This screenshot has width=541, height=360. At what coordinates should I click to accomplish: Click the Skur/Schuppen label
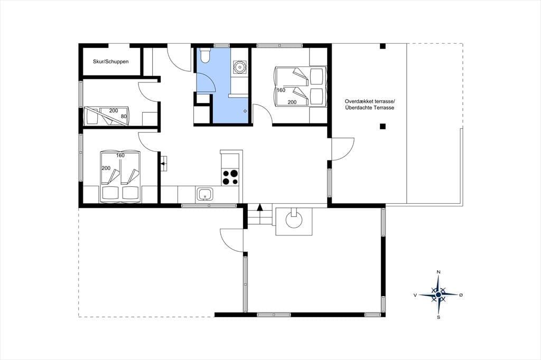click(x=111, y=62)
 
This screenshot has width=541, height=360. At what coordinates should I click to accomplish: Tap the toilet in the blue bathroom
click(x=204, y=55)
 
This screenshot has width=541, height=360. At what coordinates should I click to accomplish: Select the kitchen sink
click(x=206, y=194)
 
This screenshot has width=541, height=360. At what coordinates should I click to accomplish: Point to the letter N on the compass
click(x=439, y=272)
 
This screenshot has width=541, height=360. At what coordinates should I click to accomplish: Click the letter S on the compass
click(x=439, y=317)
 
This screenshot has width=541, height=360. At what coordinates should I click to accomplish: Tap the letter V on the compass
click(x=415, y=295)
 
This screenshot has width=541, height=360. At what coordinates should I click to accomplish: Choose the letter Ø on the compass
click(x=461, y=295)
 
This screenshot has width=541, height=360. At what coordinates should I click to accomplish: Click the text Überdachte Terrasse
click(x=369, y=108)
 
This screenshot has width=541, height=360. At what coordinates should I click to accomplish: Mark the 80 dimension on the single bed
click(x=124, y=117)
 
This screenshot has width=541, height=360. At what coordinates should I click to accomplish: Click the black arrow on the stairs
click(x=260, y=207)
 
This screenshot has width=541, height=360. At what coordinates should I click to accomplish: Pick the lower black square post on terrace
click(x=383, y=126)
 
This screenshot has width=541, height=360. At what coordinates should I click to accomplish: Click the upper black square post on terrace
click(x=383, y=46)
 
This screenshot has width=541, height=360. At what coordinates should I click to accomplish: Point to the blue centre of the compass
click(x=438, y=295)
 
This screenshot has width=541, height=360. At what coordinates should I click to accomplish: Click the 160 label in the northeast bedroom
click(x=281, y=90)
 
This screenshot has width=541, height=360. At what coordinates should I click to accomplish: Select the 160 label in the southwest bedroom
click(x=120, y=156)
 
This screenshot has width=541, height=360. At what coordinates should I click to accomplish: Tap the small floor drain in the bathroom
click(x=245, y=111)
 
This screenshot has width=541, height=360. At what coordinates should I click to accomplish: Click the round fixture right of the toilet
click(x=239, y=67)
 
